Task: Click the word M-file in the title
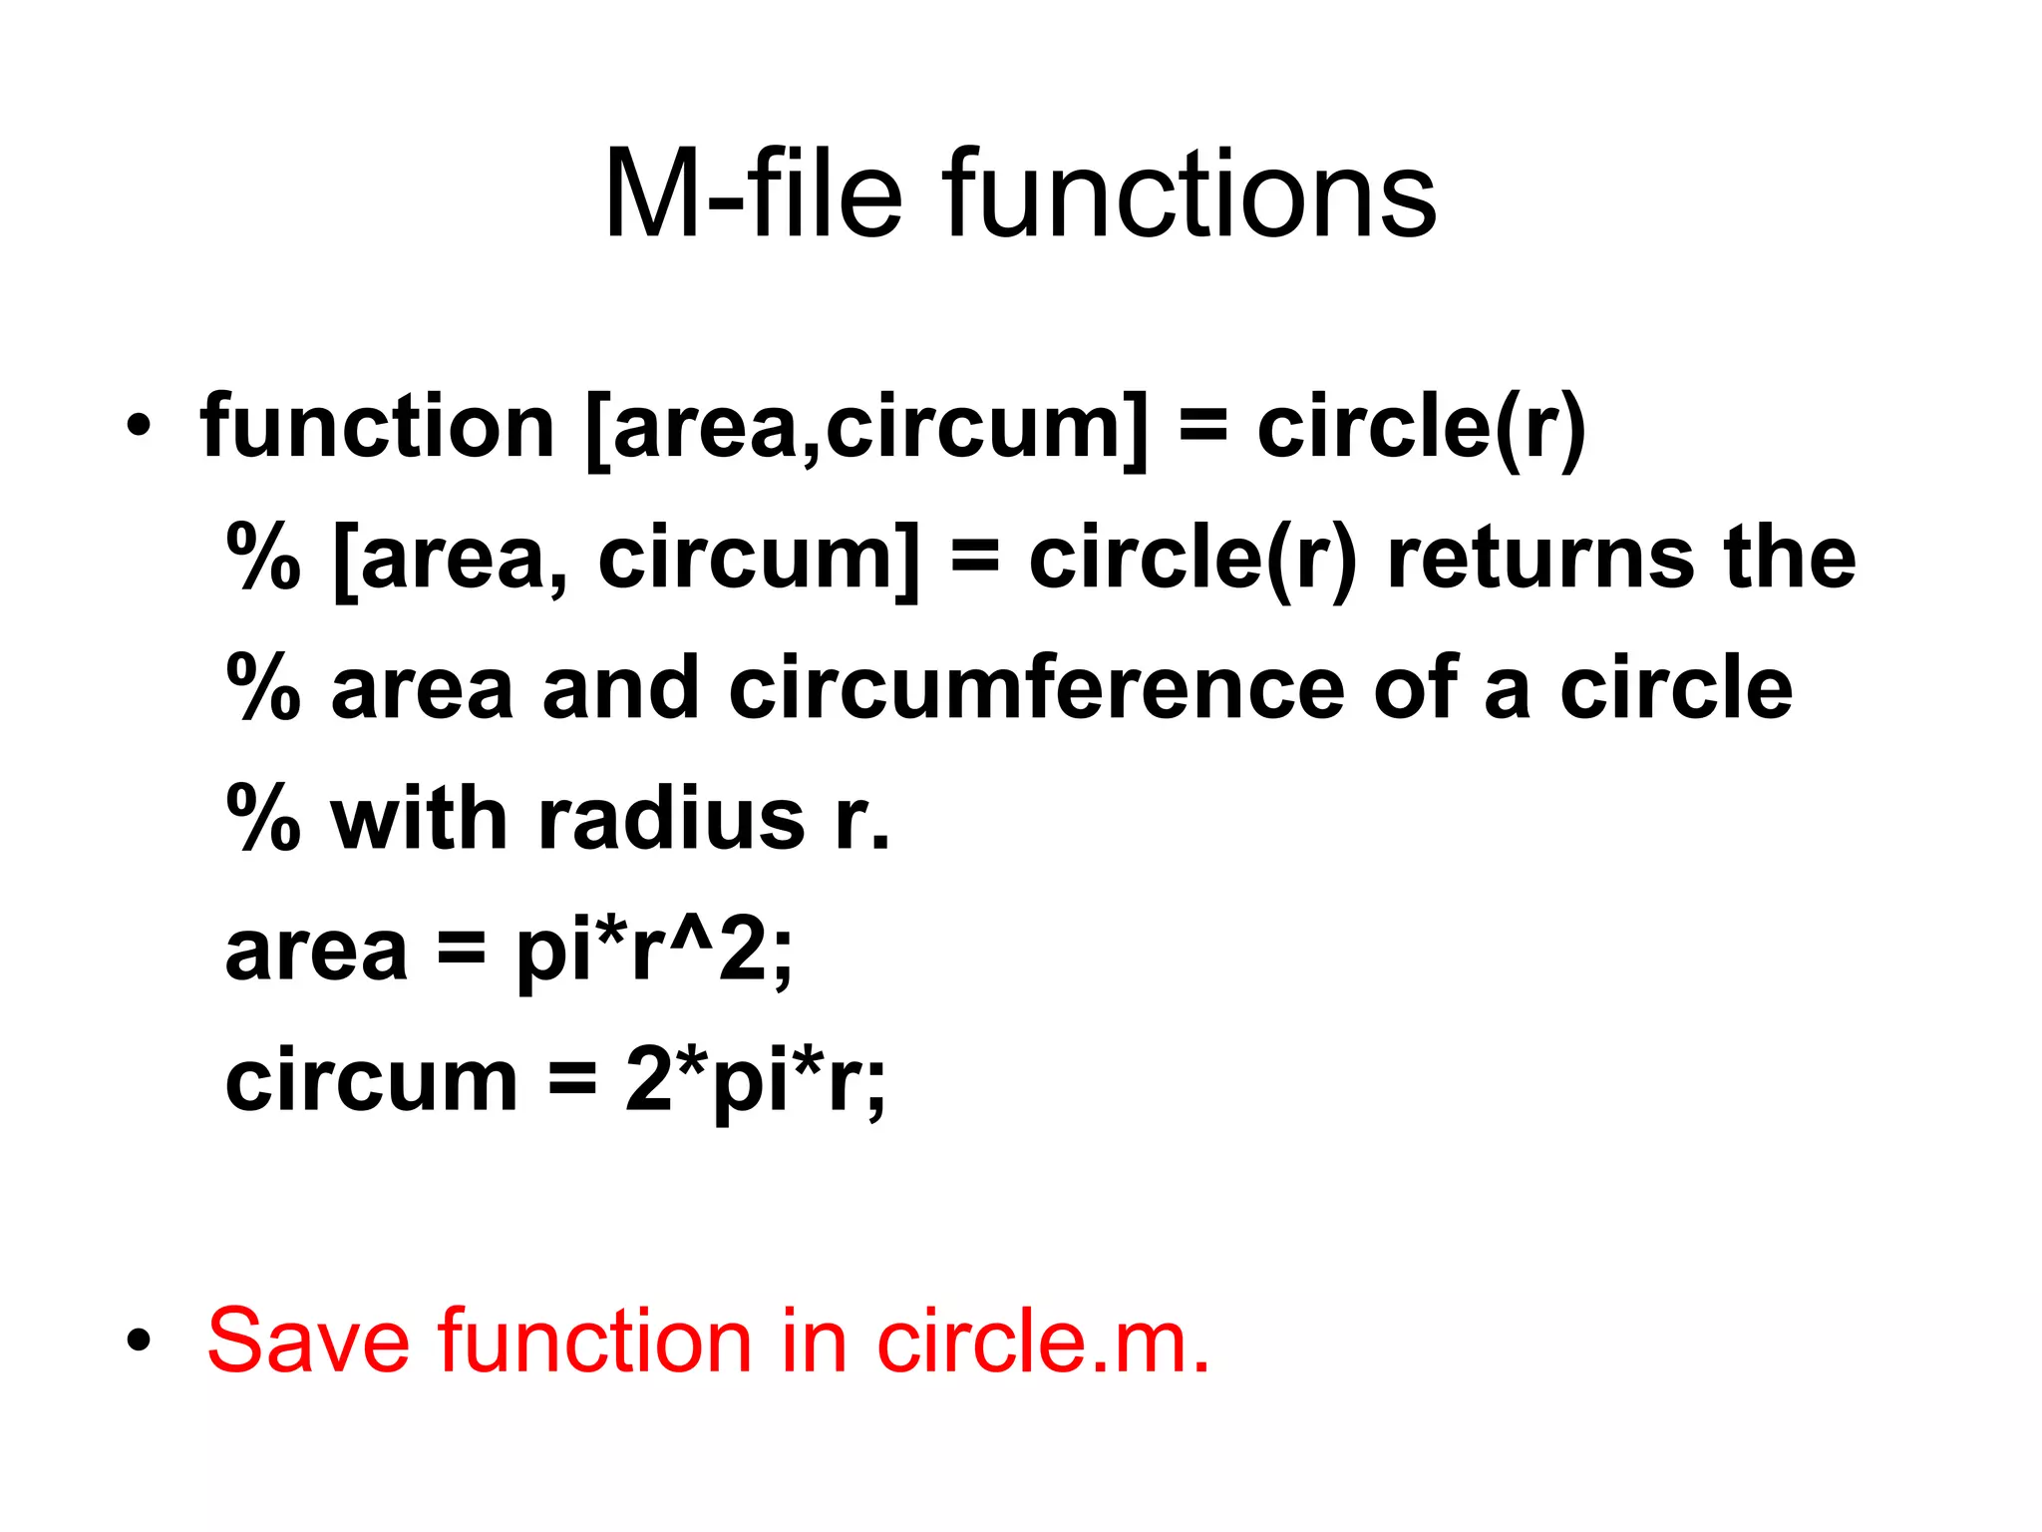click(754, 193)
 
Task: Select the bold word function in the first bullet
click(377, 427)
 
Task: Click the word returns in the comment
click(1541, 559)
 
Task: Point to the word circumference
click(1037, 688)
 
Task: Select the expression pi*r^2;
click(653, 953)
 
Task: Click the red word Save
click(308, 1341)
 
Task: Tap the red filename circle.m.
click(1043, 1341)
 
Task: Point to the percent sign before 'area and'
click(263, 688)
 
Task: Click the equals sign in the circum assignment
click(572, 1083)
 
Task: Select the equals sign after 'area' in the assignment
click(462, 953)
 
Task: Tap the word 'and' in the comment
click(620, 688)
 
